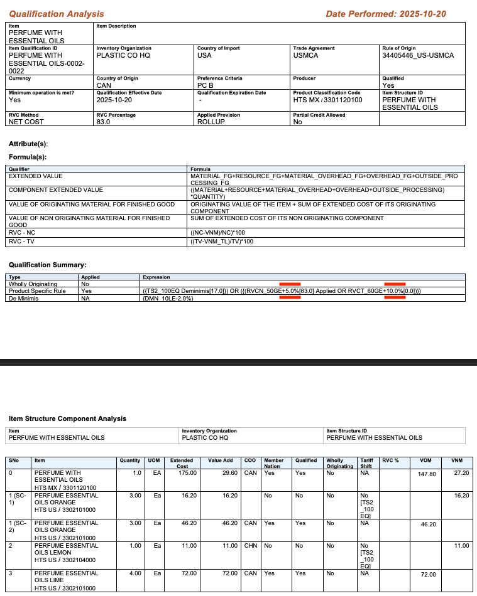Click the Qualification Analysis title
57,14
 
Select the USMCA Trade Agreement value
305,55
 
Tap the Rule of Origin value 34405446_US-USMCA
418,55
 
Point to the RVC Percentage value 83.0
103,122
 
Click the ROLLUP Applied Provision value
211,122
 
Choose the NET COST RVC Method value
26,122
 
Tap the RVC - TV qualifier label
23,240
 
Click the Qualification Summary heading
47,265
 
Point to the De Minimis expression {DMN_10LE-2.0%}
168,299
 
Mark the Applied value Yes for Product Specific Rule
86,291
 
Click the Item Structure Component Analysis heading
67,418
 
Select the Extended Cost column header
182,463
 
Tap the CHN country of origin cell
250,546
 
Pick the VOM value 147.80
427,474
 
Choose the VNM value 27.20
461,473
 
